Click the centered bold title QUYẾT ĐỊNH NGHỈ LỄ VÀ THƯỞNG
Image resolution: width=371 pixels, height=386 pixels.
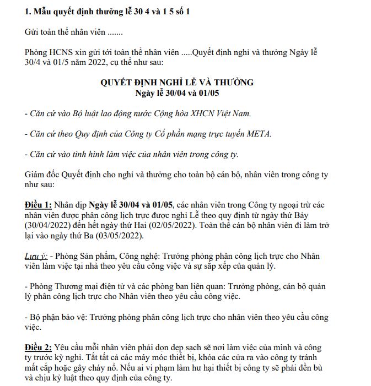(176, 82)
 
